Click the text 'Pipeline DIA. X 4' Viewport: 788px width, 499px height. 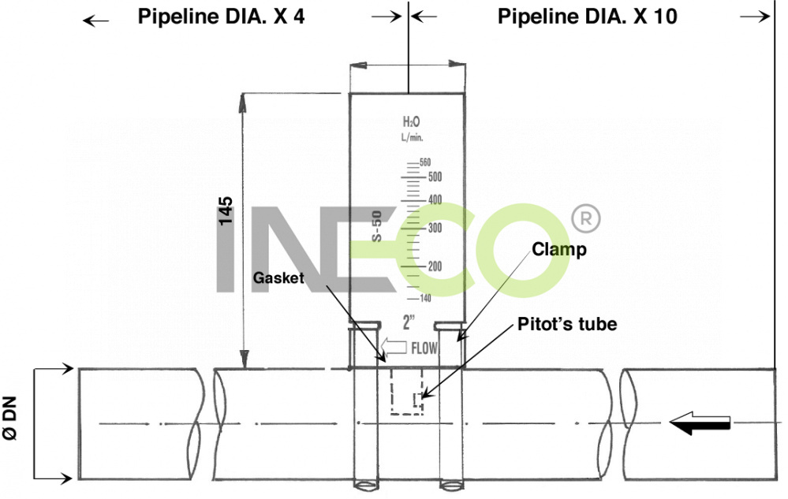221,17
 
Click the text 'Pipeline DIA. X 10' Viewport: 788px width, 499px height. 588,17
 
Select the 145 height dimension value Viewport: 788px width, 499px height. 226,214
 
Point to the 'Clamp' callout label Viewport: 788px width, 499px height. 559,249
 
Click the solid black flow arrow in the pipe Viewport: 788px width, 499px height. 700,424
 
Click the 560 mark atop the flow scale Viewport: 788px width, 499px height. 425,162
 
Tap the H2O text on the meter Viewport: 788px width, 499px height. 411,122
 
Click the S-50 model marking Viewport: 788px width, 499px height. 377,226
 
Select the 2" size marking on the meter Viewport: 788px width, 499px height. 409,322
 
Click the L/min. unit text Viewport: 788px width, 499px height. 411,137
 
